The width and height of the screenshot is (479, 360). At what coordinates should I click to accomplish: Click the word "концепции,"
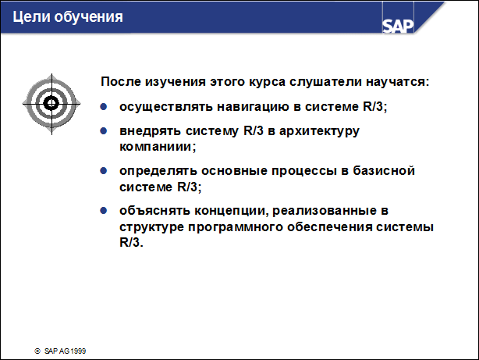pyautogui.click(x=231, y=210)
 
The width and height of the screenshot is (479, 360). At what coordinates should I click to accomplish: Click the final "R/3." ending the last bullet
pyautogui.click(x=132, y=242)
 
